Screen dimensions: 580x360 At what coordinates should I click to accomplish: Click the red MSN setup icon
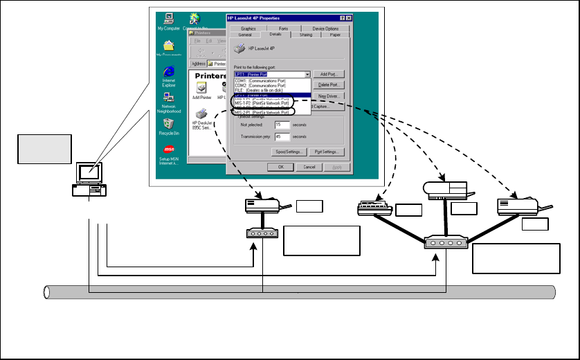pyautogui.click(x=169, y=149)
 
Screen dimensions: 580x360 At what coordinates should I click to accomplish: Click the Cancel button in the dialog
pyautogui.click(x=310, y=167)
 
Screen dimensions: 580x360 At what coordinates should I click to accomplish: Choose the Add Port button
pyautogui.click(x=328, y=74)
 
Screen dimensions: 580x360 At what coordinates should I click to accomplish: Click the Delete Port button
pyautogui.click(x=328, y=84)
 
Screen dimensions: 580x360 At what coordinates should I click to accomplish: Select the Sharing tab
pyautogui.click(x=306, y=34)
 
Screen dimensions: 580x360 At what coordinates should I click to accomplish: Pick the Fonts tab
pyautogui.click(x=284, y=28)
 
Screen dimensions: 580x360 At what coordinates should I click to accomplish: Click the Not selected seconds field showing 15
pyautogui.click(x=281, y=125)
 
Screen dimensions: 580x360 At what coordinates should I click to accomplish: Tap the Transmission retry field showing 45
pyautogui.click(x=281, y=136)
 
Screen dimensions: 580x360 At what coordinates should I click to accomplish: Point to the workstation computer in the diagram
pyautogui.click(x=90, y=179)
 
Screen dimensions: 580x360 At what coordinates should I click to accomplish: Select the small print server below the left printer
pyautogui.click(x=262, y=233)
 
